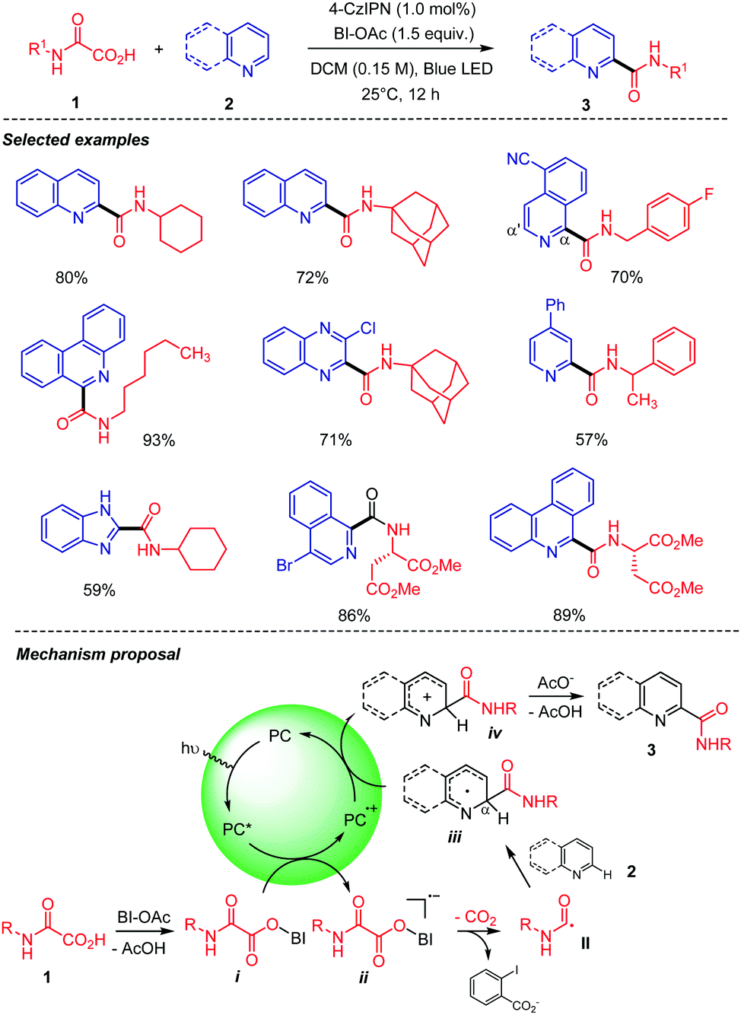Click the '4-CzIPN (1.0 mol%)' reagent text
click(402, 10)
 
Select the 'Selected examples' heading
click(76, 140)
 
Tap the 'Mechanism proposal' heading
click(98, 654)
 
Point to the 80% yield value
click(72, 278)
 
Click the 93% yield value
click(159, 440)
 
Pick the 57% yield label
click(591, 440)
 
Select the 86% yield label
click(354, 616)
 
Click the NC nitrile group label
click(518, 159)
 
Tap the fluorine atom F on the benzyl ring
click(708, 195)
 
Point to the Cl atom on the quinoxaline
click(368, 328)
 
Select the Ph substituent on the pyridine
click(555, 305)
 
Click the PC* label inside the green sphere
click(238, 829)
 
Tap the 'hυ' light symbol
click(190, 749)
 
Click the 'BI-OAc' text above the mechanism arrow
click(144, 917)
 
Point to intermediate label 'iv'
click(495, 733)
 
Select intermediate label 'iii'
click(454, 837)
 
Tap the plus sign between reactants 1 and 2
click(159, 49)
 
